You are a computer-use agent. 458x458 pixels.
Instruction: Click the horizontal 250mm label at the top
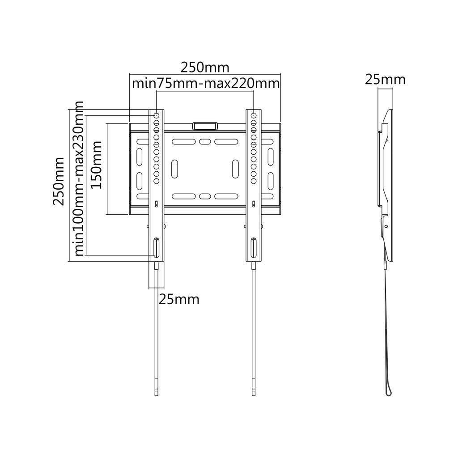pos(205,68)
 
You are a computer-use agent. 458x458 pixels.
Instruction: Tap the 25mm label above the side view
pos(385,80)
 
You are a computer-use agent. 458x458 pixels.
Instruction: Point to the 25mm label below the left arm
pos(179,299)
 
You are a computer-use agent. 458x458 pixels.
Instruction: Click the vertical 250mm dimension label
pos(59,181)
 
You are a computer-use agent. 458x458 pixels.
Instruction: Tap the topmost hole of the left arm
pos(157,116)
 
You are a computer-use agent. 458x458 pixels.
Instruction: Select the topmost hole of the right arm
pos(254,116)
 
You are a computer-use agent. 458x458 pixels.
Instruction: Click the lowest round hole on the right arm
pos(254,181)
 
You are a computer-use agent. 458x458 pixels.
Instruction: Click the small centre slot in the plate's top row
pos(205,142)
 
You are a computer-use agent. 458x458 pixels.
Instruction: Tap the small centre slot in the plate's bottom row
pos(205,196)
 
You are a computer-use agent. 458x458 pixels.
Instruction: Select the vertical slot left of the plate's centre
pos(175,169)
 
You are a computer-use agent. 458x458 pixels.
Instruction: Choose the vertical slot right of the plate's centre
pos(235,169)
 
